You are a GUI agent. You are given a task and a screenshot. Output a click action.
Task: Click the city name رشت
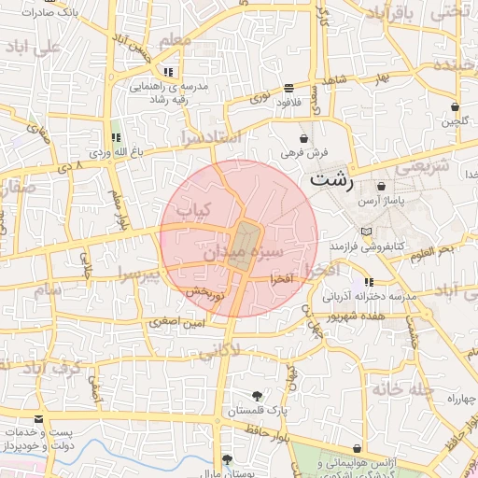(333, 178)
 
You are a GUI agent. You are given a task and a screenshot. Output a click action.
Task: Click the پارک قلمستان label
(257, 411)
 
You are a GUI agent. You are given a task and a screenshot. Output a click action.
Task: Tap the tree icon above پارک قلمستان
(257, 395)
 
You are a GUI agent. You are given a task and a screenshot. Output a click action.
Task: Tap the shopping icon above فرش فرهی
(302, 137)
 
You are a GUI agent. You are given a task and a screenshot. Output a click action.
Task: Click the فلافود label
(289, 103)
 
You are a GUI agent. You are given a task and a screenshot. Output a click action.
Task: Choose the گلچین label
(454, 121)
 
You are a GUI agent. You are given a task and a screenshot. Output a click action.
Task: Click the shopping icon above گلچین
(454, 106)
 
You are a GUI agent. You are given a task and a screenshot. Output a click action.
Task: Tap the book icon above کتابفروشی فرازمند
(366, 231)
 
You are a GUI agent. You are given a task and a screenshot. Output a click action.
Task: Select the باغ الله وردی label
(114, 149)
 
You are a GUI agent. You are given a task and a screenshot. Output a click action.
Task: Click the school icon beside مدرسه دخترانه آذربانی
(370, 281)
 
